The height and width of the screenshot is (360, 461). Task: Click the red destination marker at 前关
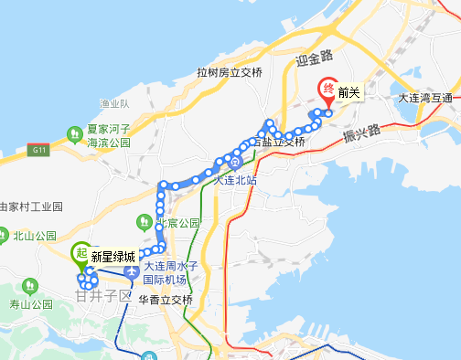click(x=326, y=90)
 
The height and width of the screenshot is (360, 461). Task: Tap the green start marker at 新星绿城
click(x=80, y=255)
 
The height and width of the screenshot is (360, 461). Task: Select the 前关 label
click(x=348, y=91)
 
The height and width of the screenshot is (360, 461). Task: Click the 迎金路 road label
click(x=311, y=61)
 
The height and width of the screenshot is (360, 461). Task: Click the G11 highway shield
click(x=38, y=150)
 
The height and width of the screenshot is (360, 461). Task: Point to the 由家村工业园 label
click(x=30, y=206)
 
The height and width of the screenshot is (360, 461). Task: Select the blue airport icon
click(x=133, y=273)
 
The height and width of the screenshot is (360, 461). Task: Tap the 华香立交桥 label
click(x=166, y=300)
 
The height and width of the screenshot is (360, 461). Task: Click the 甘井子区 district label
click(x=105, y=296)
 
